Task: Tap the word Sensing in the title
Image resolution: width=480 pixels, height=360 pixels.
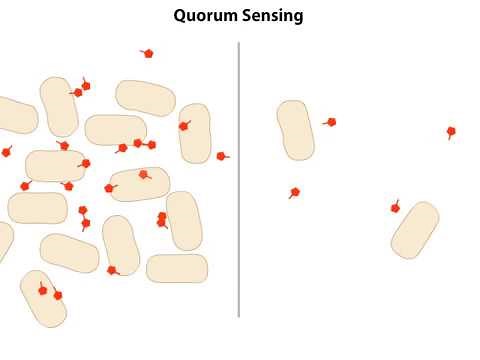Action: click(270, 16)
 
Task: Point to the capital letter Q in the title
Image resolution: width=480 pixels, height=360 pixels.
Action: click(180, 16)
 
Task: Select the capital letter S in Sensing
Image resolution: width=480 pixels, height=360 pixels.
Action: click(243, 16)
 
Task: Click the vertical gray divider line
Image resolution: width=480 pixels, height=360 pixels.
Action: click(239, 180)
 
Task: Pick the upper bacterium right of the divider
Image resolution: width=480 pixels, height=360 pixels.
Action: click(295, 130)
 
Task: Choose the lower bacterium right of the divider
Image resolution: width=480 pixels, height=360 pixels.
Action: click(415, 230)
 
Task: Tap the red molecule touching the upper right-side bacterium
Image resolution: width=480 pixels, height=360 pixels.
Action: click(331, 122)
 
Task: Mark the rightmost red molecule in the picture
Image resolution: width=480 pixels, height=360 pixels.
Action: click(451, 131)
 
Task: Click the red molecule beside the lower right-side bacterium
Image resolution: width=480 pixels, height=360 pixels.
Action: click(395, 208)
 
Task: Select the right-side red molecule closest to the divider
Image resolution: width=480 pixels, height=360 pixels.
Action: click(294, 192)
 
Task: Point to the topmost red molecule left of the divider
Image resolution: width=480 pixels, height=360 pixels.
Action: click(148, 53)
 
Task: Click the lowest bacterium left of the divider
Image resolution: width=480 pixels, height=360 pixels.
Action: click(43, 299)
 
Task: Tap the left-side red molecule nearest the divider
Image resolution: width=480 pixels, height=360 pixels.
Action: click(221, 156)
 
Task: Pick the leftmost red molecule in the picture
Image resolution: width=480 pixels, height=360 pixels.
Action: click(6, 152)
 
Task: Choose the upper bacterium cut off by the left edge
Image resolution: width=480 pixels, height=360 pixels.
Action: click(15, 115)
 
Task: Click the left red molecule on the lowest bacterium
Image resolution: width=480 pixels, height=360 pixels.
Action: click(42, 290)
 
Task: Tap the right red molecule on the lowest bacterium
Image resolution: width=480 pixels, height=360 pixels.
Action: click(57, 295)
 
